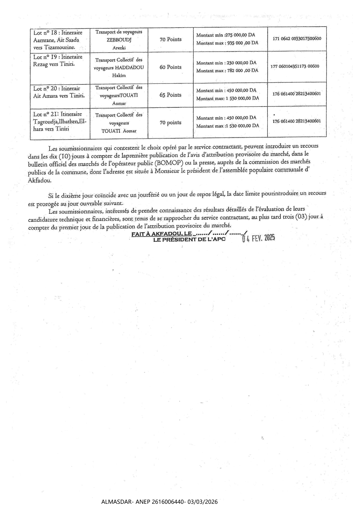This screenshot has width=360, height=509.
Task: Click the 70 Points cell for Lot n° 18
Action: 170,39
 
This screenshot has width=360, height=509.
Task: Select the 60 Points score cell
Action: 170,67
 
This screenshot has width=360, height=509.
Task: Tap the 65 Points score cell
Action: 170,95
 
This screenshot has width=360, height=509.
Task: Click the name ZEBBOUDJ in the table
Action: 119,40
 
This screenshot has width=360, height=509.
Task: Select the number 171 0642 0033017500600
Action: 297,38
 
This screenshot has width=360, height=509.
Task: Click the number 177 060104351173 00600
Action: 295,66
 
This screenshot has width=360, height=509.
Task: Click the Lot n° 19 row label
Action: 58,57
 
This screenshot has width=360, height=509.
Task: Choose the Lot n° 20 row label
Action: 57,89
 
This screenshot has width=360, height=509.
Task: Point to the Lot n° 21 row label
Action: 57,114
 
